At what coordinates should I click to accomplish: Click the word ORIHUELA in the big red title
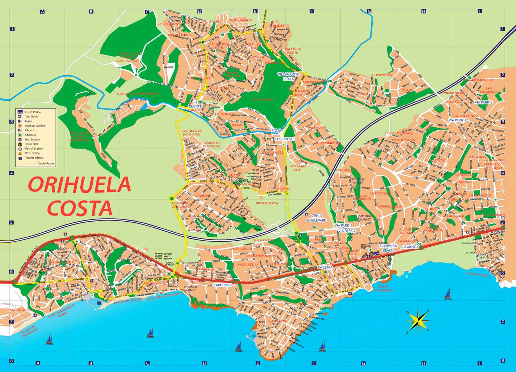pyautogui.click(x=79, y=185)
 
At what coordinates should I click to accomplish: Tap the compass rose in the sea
pyautogui.click(x=418, y=320)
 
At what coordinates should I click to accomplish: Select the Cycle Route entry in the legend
pyautogui.click(x=46, y=164)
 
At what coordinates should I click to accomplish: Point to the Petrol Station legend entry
pyautogui.click(x=34, y=149)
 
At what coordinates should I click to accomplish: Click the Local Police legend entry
pyautogui.click(x=33, y=112)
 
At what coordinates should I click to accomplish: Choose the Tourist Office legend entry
pyautogui.click(x=34, y=158)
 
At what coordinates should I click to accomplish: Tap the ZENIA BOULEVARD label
pyautogui.click(x=316, y=218)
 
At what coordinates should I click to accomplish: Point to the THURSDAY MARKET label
pyautogui.click(x=190, y=288)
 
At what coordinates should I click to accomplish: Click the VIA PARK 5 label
pyautogui.click(x=483, y=102)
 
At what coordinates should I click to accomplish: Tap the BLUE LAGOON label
pyautogui.click(x=240, y=20)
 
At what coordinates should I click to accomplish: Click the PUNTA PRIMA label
pyautogui.click(x=478, y=275)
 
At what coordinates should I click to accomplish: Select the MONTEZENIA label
pyautogui.click(x=267, y=203)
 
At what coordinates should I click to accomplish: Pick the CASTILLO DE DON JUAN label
pyautogui.click(x=192, y=133)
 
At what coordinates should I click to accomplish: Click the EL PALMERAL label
pyautogui.click(x=382, y=75)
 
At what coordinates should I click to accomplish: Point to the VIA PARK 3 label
pyautogui.click(x=457, y=120)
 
